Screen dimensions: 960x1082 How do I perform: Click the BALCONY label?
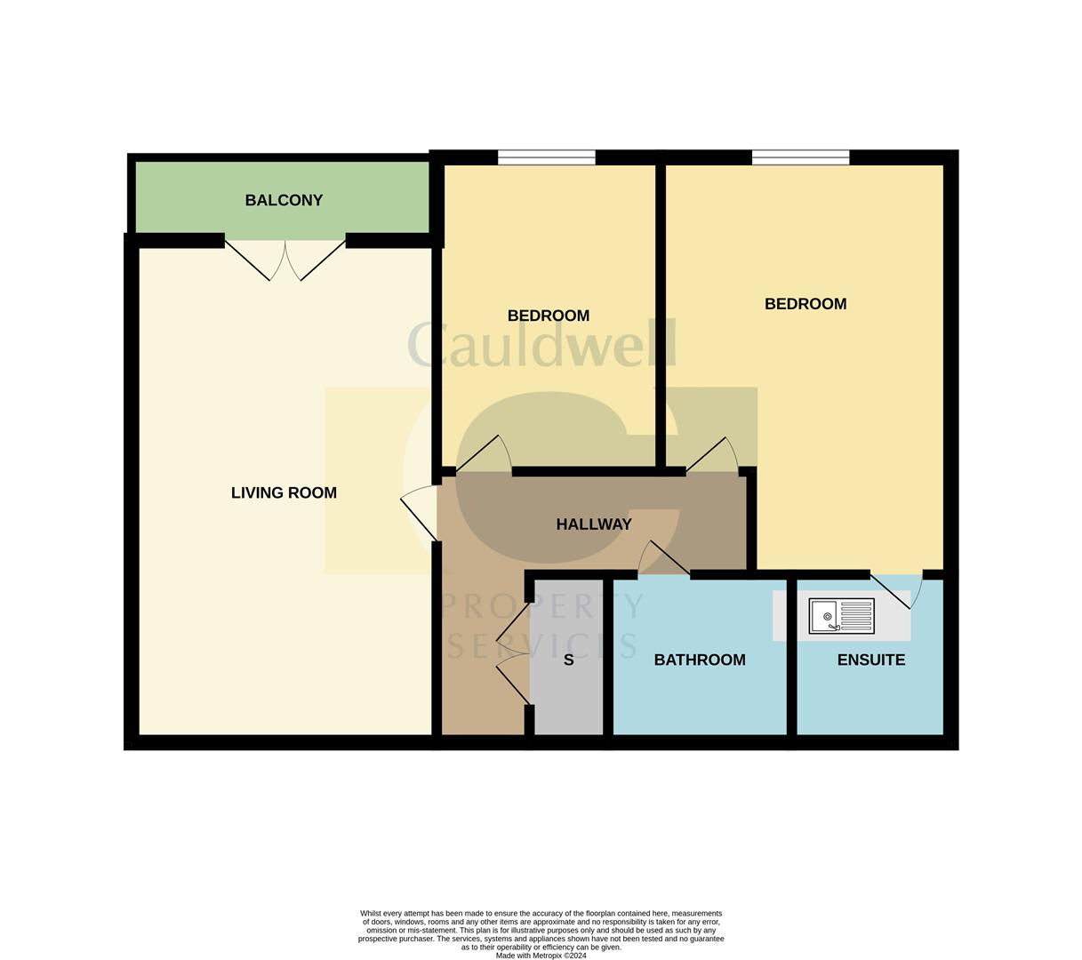click(284, 201)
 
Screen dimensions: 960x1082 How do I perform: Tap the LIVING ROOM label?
click(284, 493)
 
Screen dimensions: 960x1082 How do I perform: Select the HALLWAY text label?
click(594, 524)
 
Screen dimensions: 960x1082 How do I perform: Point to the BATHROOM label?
click(700, 660)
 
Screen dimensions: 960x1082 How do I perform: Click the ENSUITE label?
click(871, 660)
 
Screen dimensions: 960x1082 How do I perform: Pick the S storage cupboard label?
click(569, 660)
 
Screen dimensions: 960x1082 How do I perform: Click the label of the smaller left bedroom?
click(549, 316)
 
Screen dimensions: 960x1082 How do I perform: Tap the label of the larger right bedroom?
click(805, 304)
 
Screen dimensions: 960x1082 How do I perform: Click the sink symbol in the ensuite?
click(841, 616)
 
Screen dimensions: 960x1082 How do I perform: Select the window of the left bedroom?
click(546, 157)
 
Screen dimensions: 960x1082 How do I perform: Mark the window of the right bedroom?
click(800, 157)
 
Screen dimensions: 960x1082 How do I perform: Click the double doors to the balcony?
click(285, 259)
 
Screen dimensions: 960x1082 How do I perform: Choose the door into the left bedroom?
click(485, 454)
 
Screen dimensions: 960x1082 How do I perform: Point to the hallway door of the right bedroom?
click(712, 456)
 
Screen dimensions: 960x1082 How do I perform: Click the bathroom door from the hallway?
click(663, 559)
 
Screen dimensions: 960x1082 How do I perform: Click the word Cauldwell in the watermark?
click(542, 345)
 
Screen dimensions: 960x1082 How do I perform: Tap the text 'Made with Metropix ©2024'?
click(541, 956)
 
